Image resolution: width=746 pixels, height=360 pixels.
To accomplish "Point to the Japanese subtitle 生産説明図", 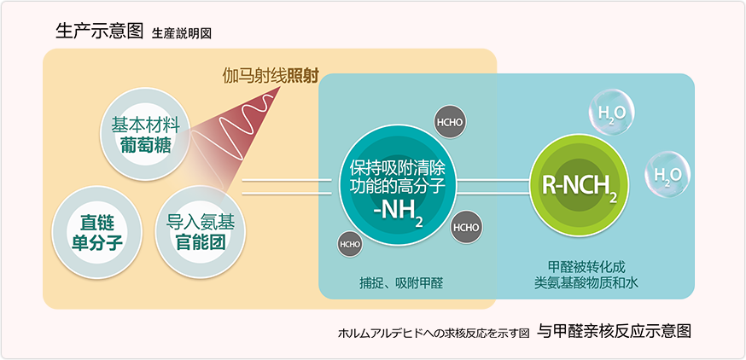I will click(x=182, y=34).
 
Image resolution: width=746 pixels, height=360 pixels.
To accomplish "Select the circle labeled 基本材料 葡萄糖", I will click(x=141, y=133).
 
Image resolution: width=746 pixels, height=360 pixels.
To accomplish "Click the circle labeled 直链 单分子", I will click(x=95, y=228).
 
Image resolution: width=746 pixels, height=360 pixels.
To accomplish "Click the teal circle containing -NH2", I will click(x=393, y=185).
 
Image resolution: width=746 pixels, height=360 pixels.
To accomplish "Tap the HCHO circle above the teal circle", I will click(x=449, y=121).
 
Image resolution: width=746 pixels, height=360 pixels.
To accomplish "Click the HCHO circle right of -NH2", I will click(x=465, y=227).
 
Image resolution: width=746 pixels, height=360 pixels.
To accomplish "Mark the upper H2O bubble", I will click(x=606, y=114).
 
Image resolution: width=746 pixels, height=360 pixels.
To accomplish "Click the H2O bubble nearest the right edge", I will click(x=666, y=175).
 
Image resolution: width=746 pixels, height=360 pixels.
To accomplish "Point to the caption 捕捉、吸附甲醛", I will click(x=400, y=282).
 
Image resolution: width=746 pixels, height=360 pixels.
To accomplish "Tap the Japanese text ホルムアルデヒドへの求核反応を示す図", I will click(x=434, y=333).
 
